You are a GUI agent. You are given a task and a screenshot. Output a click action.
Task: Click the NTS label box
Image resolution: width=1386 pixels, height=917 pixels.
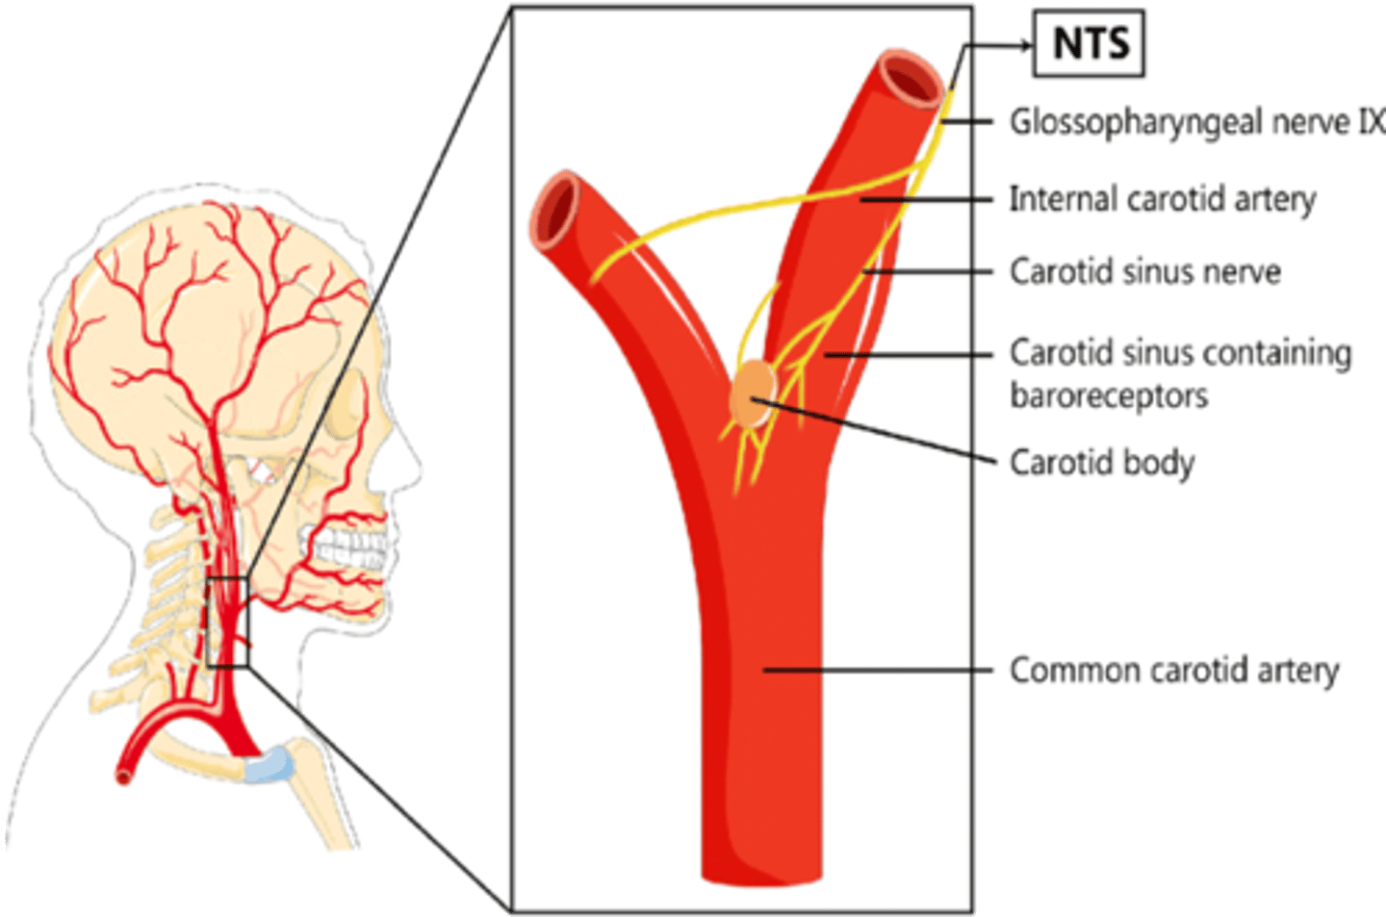click(x=1089, y=43)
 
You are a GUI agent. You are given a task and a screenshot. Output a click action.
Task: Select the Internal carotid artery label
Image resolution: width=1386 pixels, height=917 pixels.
click(x=1162, y=199)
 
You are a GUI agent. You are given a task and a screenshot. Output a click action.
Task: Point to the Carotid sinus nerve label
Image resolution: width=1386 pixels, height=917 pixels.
click(x=1144, y=272)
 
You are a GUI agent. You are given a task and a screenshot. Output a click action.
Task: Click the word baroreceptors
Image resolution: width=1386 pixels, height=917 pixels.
click(x=1109, y=395)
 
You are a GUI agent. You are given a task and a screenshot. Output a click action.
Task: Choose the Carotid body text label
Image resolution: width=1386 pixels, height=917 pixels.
click(x=1101, y=463)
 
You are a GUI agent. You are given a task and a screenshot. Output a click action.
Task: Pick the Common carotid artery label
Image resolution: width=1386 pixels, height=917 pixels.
click(x=1173, y=670)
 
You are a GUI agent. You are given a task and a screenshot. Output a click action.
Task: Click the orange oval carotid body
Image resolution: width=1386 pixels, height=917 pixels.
click(x=752, y=394)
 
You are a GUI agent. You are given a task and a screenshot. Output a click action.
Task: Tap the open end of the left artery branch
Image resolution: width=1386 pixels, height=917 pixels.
click(x=555, y=209)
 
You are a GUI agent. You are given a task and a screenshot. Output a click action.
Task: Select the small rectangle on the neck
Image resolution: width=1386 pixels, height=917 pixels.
click(x=228, y=622)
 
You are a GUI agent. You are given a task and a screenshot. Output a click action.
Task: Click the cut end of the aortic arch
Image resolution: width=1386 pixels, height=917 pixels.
click(x=123, y=775)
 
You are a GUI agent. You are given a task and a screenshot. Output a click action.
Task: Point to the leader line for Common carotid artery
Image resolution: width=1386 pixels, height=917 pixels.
click(x=876, y=670)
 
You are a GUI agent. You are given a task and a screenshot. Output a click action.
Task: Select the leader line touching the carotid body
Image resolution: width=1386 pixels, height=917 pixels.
click(x=876, y=431)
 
